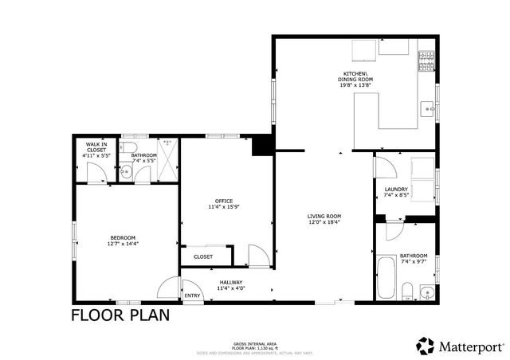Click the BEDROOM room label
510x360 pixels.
(123, 237)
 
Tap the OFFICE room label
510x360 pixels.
(223, 200)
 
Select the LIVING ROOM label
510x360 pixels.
(324, 216)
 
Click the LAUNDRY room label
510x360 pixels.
(396, 189)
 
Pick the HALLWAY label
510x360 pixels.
(230, 282)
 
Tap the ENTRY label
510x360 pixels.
(193, 296)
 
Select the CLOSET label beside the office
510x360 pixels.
(203, 257)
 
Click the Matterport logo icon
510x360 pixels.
(425, 346)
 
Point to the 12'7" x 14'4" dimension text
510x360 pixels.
(123, 244)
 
